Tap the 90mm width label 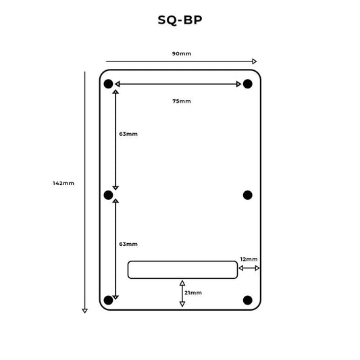pyautogui.click(x=180, y=53)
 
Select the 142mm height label pyautogui.click(x=63, y=183)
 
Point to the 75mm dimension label pyautogui.click(x=181, y=101)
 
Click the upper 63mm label pyautogui.click(x=128, y=134)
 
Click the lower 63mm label pyautogui.click(x=128, y=244)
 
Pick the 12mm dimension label pyautogui.click(x=249, y=259)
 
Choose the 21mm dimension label pyautogui.click(x=193, y=292)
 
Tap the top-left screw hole pyautogui.click(x=108, y=84)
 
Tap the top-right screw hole pyautogui.click(x=248, y=84)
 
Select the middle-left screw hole pyautogui.click(x=108, y=195)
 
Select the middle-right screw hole pyautogui.click(x=248, y=195)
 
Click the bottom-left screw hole pyautogui.click(x=108, y=300)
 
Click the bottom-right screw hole pyautogui.click(x=248, y=300)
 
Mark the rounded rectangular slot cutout pyautogui.click(x=182, y=269)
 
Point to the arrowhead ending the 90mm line pyautogui.click(x=254, y=61)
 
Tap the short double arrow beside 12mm pyautogui.click(x=249, y=269)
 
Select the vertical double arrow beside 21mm pyautogui.click(x=182, y=293)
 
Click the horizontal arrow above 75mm pyautogui.click(x=178, y=84)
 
